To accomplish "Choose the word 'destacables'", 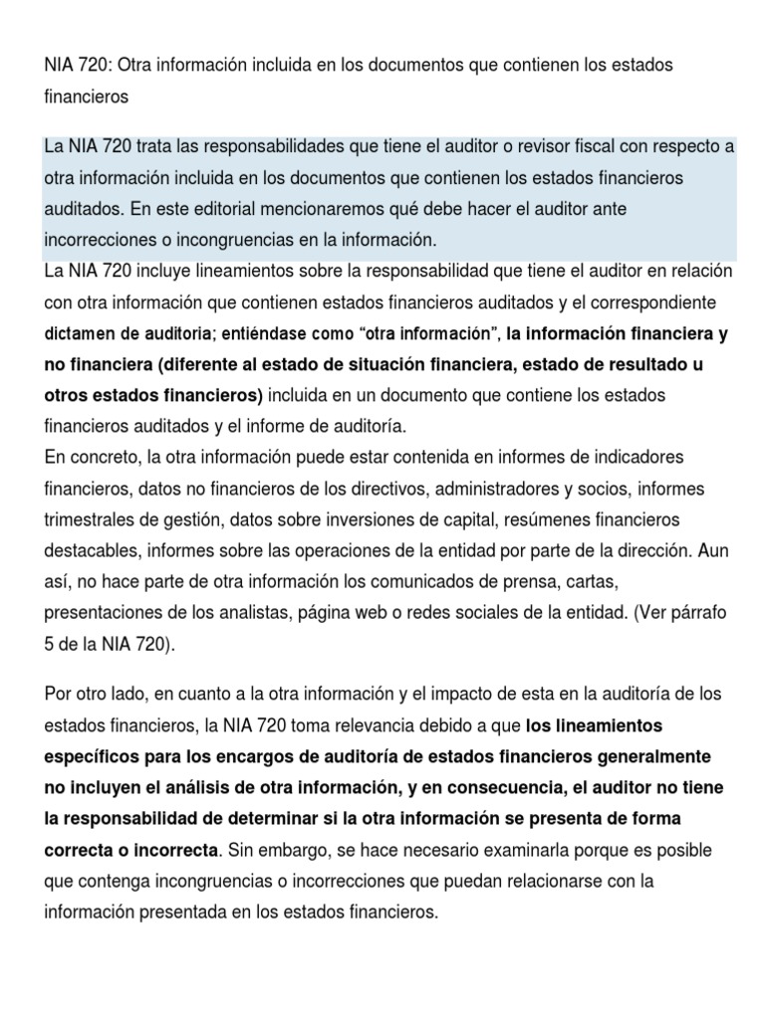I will [88, 550].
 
